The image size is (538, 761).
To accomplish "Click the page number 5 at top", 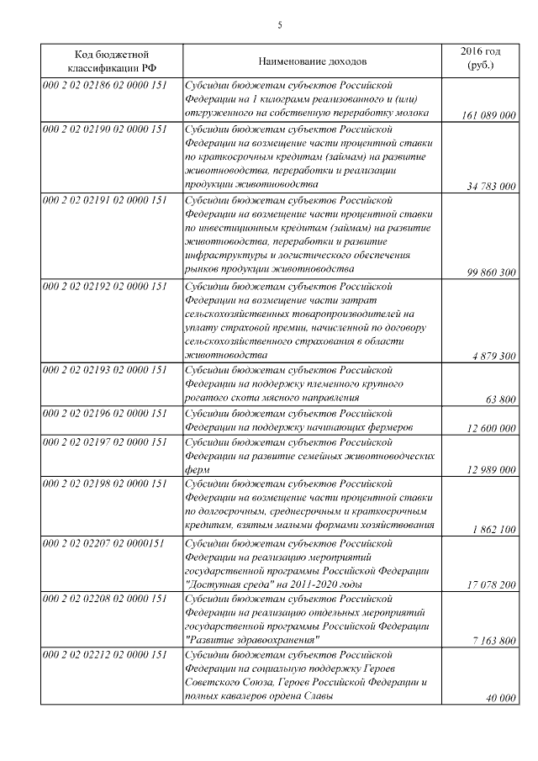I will click(x=280, y=25).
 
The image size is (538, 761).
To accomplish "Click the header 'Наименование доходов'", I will click(x=312, y=61).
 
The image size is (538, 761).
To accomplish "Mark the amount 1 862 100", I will click(x=494, y=528).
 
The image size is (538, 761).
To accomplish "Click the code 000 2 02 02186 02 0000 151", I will click(x=105, y=84).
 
